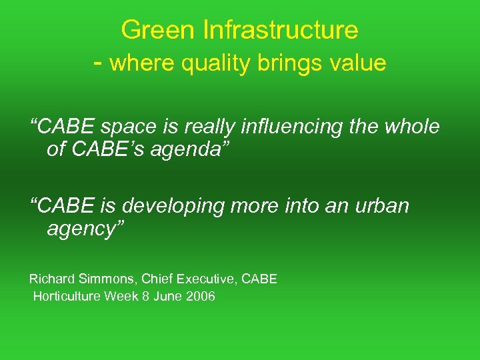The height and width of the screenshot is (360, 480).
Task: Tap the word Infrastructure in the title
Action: click(x=280, y=30)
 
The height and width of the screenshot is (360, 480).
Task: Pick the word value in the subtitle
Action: click(x=358, y=63)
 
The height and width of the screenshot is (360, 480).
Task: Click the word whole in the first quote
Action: click(x=410, y=127)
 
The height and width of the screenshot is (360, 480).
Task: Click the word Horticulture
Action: click(x=66, y=297)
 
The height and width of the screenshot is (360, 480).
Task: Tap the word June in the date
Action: click(x=167, y=297)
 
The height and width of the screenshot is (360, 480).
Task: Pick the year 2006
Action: click(x=200, y=297)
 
